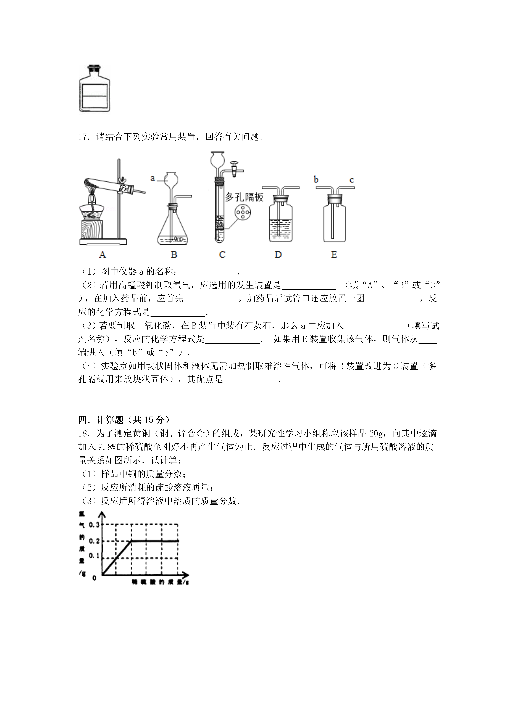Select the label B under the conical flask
point(174,254)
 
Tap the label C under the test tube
point(222,254)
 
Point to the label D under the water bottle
point(278,254)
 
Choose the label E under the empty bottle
point(334,254)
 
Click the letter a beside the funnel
point(153,178)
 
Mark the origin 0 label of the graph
point(94,578)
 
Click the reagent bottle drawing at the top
point(94,89)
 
